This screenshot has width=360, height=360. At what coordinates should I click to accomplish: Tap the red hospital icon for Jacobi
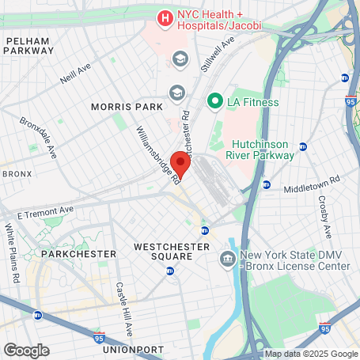pos(165,17)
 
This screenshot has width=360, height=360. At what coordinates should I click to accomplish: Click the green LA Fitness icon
pos(214,101)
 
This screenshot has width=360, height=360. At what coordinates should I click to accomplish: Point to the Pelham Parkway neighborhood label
pos(28,45)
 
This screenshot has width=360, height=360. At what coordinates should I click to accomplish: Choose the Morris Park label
pos(127,107)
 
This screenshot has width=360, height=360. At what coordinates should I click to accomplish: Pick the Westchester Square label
pos(173,252)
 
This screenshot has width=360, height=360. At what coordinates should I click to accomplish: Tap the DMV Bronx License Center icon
pos(228,259)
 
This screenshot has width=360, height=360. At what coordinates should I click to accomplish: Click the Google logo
pos(25,350)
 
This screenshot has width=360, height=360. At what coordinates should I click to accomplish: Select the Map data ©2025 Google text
pos(311,354)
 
